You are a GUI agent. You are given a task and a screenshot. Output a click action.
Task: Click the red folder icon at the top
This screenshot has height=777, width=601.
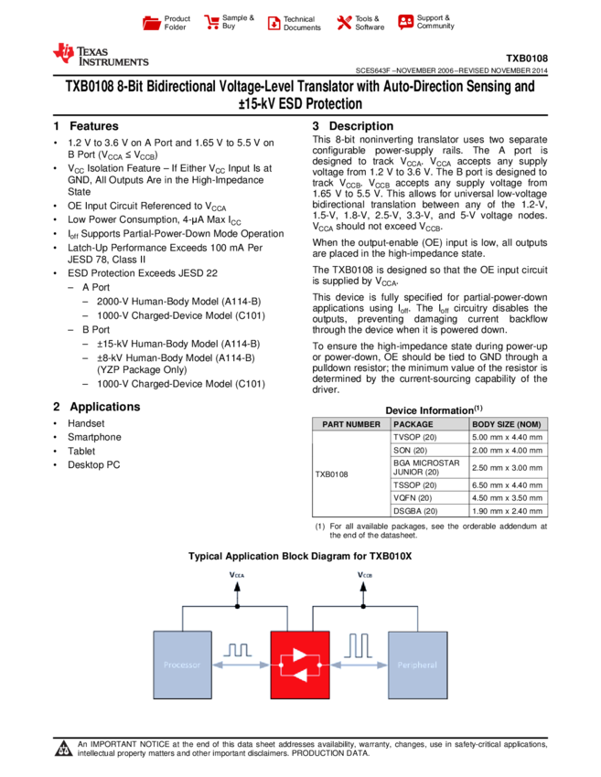[x=152, y=24]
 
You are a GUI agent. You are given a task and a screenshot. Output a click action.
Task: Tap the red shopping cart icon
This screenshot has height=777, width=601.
[x=212, y=23]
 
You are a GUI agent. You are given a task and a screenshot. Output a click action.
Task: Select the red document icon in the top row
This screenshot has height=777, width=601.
[x=274, y=24]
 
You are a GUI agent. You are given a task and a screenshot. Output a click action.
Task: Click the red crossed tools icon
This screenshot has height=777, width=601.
[x=344, y=23]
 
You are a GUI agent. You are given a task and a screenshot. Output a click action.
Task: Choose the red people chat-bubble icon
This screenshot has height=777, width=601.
[x=406, y=23]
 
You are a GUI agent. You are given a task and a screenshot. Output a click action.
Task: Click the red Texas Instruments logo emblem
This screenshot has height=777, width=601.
[x=63, y=54]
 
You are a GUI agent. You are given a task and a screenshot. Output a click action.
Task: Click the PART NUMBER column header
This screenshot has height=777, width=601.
[x=351, y=424]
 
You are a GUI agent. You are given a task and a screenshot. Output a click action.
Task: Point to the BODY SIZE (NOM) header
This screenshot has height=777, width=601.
[x=507, y=424]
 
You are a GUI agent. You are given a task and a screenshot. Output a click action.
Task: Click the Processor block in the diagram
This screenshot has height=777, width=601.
[x=182, y=665]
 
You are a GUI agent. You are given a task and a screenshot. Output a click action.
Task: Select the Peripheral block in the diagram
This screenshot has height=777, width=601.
[x=417, y=665]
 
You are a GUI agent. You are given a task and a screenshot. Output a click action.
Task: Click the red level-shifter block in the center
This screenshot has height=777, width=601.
[x=300, y=665]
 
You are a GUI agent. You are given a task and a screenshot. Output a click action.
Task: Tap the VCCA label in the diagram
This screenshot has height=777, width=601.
[x=237, y=575]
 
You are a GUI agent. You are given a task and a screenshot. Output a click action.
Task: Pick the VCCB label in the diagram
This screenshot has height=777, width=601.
[x=364, y=575]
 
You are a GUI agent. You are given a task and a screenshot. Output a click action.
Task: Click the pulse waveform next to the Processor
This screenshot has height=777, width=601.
[x=238, y=650]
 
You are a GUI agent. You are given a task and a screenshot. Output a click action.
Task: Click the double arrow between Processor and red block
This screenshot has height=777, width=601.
[x=241, y=665]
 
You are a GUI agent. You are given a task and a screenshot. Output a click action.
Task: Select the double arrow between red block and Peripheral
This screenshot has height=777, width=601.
[x=359, y=665]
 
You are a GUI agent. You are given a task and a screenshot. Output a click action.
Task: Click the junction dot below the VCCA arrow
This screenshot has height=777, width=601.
[x=237, y=606]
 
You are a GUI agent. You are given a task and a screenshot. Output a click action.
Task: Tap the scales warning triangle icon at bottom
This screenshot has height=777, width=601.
[x=63, y=750]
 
